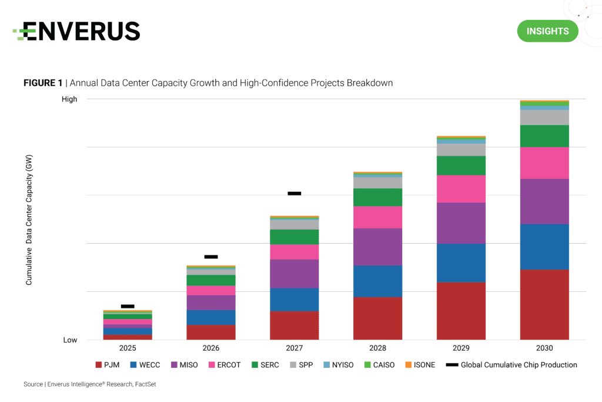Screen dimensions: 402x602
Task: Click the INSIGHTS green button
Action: [x=547, y=31]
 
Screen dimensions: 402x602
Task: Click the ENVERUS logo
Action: [x=76, y=31]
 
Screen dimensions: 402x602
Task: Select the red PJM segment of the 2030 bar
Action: [x=544, y=304]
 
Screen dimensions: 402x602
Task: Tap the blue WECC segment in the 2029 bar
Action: [x=461, y=263]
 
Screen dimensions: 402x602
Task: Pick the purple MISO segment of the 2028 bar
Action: [x=377, y=247]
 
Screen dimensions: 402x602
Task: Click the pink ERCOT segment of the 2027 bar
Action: [x=294, y=252]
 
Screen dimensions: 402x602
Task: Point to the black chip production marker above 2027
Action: [x=294, y=193]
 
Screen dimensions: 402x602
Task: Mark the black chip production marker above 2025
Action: [x=128, y=306]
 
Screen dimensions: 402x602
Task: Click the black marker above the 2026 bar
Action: [x=211, y=257]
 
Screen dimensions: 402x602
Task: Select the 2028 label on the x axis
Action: [x=377, y=348]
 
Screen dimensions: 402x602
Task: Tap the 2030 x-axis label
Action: [x=544, y=348]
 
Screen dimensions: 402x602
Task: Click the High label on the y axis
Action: [x=69, y=99]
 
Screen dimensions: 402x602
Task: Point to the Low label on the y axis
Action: [x=70, y=340]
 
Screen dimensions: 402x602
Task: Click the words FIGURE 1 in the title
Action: [x=42, y=83]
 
